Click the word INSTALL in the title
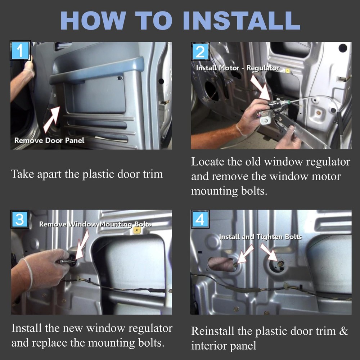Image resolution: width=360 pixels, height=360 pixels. (242, 21)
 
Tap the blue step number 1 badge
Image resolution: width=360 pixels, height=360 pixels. (20, 50)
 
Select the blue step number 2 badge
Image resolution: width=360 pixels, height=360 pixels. (200, 51)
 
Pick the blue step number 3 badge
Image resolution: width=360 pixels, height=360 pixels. (20, 219)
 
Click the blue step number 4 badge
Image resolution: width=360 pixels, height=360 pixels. (200, 219)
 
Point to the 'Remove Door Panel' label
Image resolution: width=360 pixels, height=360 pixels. (49, 140)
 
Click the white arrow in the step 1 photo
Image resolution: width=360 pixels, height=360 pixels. (51, 120)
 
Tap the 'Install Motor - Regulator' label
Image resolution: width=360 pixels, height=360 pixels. (238, 68)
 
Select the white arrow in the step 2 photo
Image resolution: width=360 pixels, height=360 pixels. (261, 87)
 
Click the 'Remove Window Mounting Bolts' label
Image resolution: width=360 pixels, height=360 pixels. (95, 224)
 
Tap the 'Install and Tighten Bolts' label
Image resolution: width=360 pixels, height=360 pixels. (260, 237)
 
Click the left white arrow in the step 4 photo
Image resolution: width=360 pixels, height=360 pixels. (245, 254)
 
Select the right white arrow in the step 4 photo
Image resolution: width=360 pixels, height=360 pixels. (269, 252)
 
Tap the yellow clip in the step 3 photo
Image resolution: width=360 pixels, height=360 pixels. (137, 230)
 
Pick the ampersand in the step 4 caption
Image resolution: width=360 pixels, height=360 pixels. (343, 331)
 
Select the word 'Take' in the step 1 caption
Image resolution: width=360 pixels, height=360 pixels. (22, 174)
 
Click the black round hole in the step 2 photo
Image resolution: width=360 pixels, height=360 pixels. (343, 48)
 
